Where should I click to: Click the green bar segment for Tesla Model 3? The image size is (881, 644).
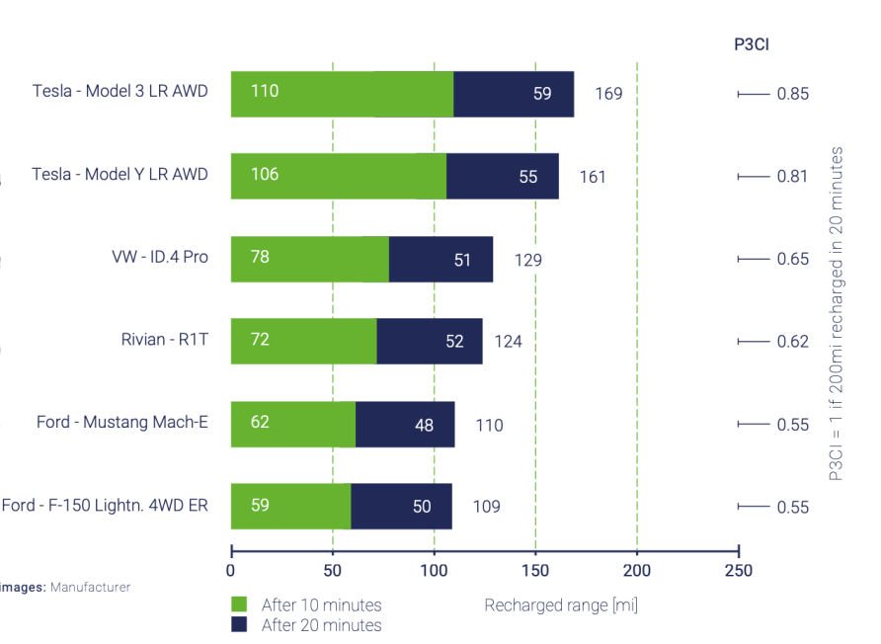[x=342, y=94]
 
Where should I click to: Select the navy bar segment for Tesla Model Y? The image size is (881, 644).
[x=502, y=177]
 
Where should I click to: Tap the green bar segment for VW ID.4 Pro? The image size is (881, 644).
[x=310, y=259]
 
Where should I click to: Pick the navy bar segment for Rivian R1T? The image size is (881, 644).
[x=430, y=342]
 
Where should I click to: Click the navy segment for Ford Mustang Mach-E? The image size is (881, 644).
[x=405, y=425]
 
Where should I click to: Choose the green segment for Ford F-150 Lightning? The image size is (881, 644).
[x=290, y=507]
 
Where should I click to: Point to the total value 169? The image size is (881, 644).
[x=608, y=95]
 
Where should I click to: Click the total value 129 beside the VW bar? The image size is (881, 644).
[x=527, y=260]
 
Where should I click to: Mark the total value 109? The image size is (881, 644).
[x=486, y=508]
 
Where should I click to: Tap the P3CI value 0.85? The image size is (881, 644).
[x=792, y=95]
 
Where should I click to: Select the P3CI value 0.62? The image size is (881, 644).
[x=792, y=342]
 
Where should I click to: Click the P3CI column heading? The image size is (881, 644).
[x=752, y=43]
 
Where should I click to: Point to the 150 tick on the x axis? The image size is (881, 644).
[x=535, y=571]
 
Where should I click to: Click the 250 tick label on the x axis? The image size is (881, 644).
[x=738, y=571]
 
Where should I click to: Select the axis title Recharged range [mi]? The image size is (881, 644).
[x=560, y=605]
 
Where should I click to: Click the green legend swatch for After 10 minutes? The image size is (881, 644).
[x=240, y=604]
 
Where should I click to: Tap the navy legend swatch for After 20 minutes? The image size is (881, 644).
[x=240, y=624]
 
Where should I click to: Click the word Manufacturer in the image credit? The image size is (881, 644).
[x=90, y=587]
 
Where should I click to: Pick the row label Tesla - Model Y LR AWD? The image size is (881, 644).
[x=120, y=175]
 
